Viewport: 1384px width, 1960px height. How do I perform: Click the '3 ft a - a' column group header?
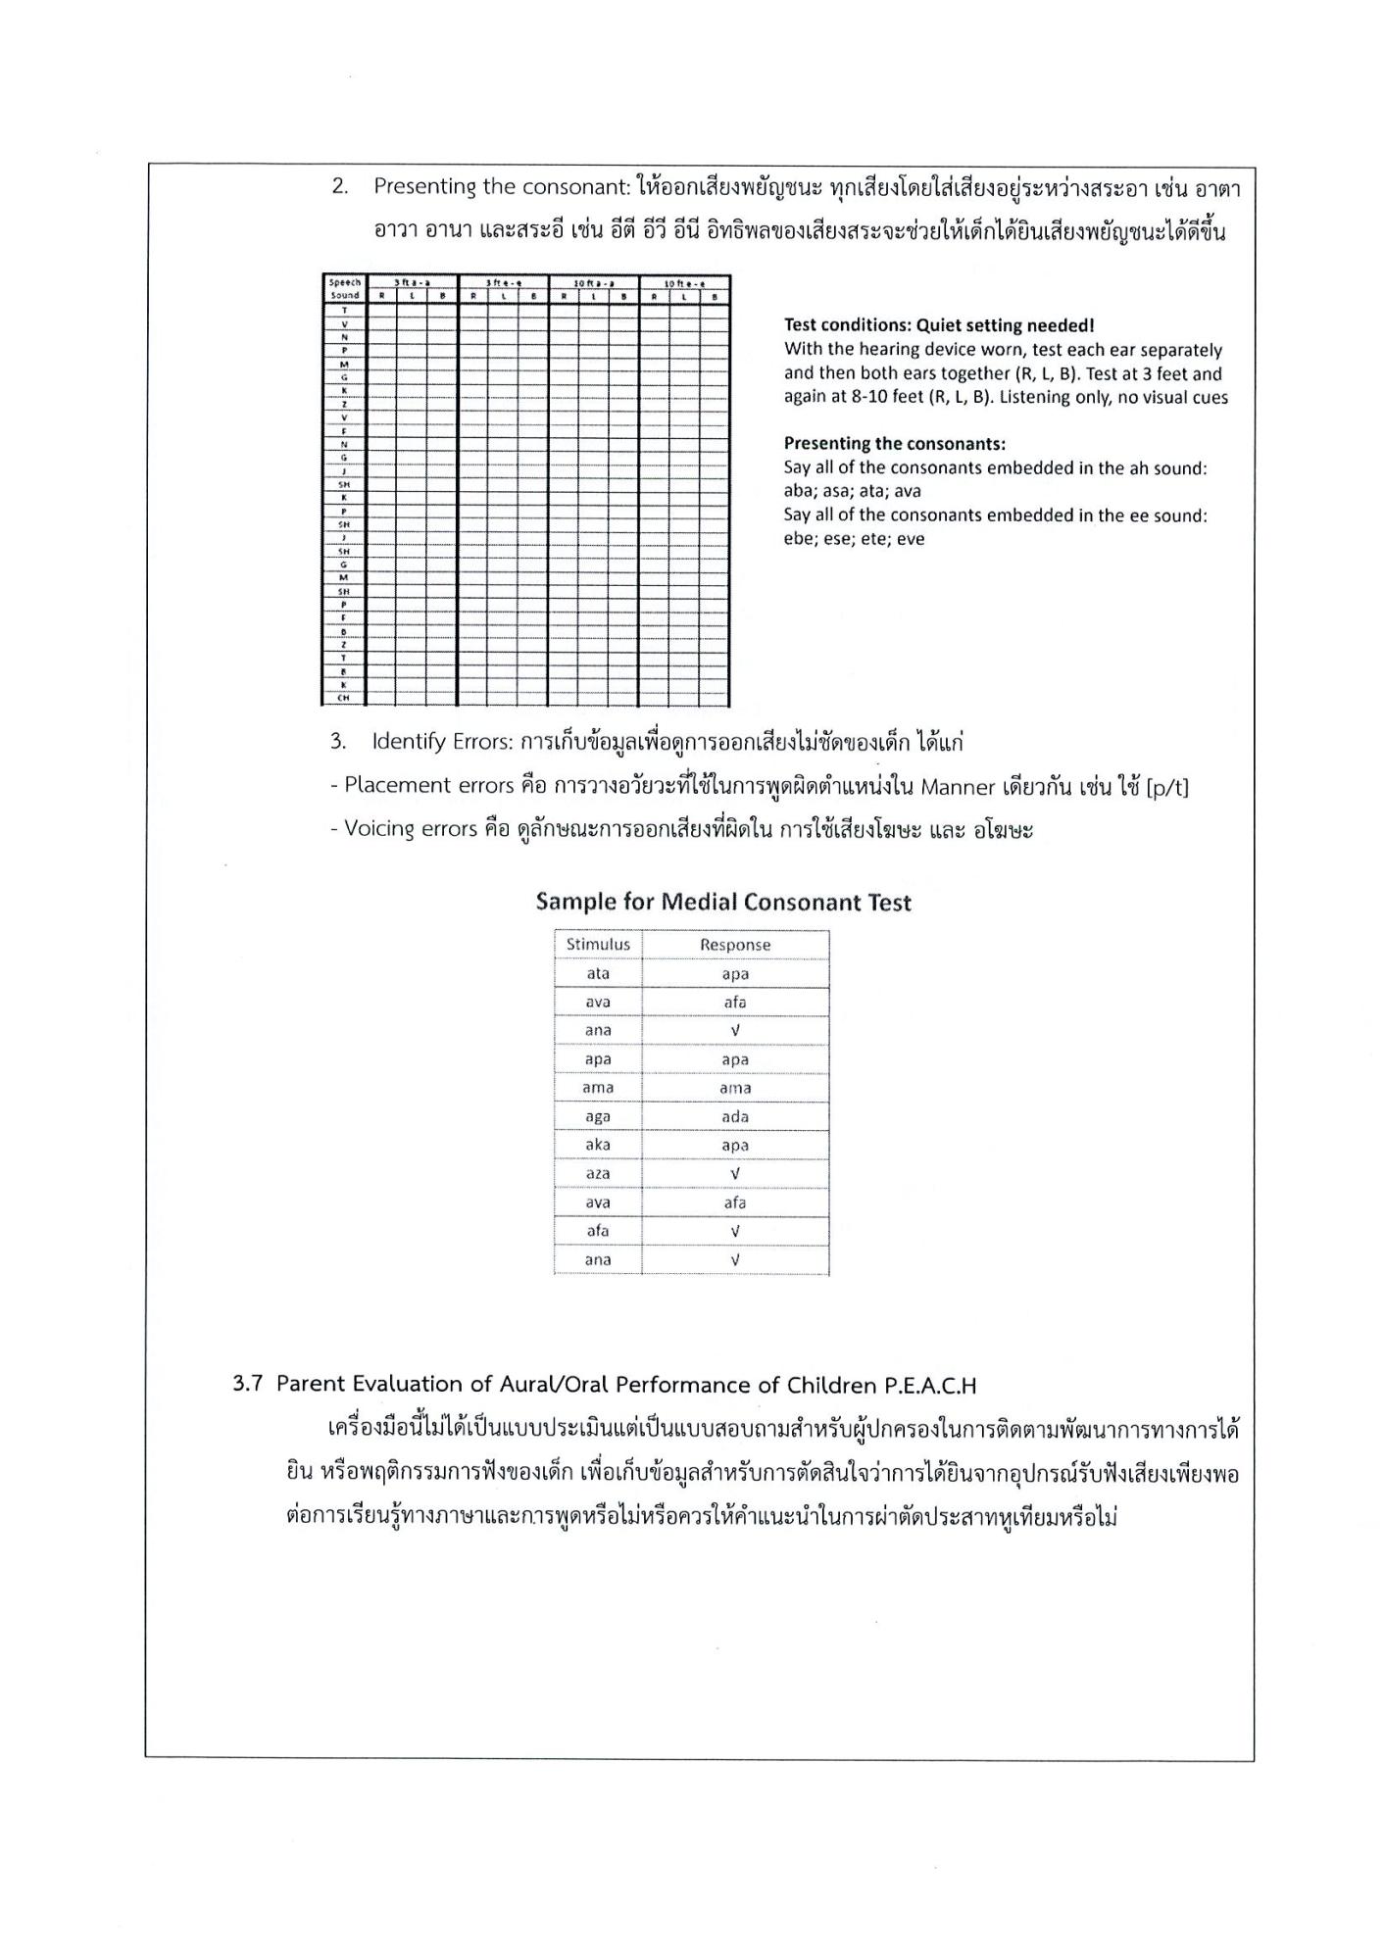[x=413, y=283]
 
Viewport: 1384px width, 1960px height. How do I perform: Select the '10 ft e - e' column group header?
[x=684, y=283]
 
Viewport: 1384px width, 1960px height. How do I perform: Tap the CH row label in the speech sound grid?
[x=344, y=699]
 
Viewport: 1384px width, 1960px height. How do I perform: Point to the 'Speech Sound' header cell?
[x=344, y=289]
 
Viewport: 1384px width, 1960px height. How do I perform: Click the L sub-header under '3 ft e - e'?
[x=504, y=296]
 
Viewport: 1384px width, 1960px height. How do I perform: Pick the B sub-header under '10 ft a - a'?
[x=623, y=296]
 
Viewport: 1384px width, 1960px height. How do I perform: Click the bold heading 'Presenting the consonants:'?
[x=894, y=444]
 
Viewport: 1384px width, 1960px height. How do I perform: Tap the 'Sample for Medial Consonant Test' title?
[x=723, y=903]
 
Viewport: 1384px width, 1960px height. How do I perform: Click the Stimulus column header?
[x=598, y=945]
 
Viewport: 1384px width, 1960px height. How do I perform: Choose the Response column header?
[x=735, y=945]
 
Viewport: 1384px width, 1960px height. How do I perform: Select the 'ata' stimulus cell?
[x=598, y=974]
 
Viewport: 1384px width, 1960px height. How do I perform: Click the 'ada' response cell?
[x=735, y=1117]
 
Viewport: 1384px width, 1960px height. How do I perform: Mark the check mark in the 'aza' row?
[x=735, y=1174]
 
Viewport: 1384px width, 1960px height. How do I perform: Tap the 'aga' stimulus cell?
[x=598, y=1117]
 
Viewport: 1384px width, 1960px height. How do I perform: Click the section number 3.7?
[x=247, y=1385]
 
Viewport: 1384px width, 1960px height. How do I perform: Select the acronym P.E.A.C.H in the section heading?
[x=930, y=1386]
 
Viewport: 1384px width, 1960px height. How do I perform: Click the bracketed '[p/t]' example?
[x=1166, y=787]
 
